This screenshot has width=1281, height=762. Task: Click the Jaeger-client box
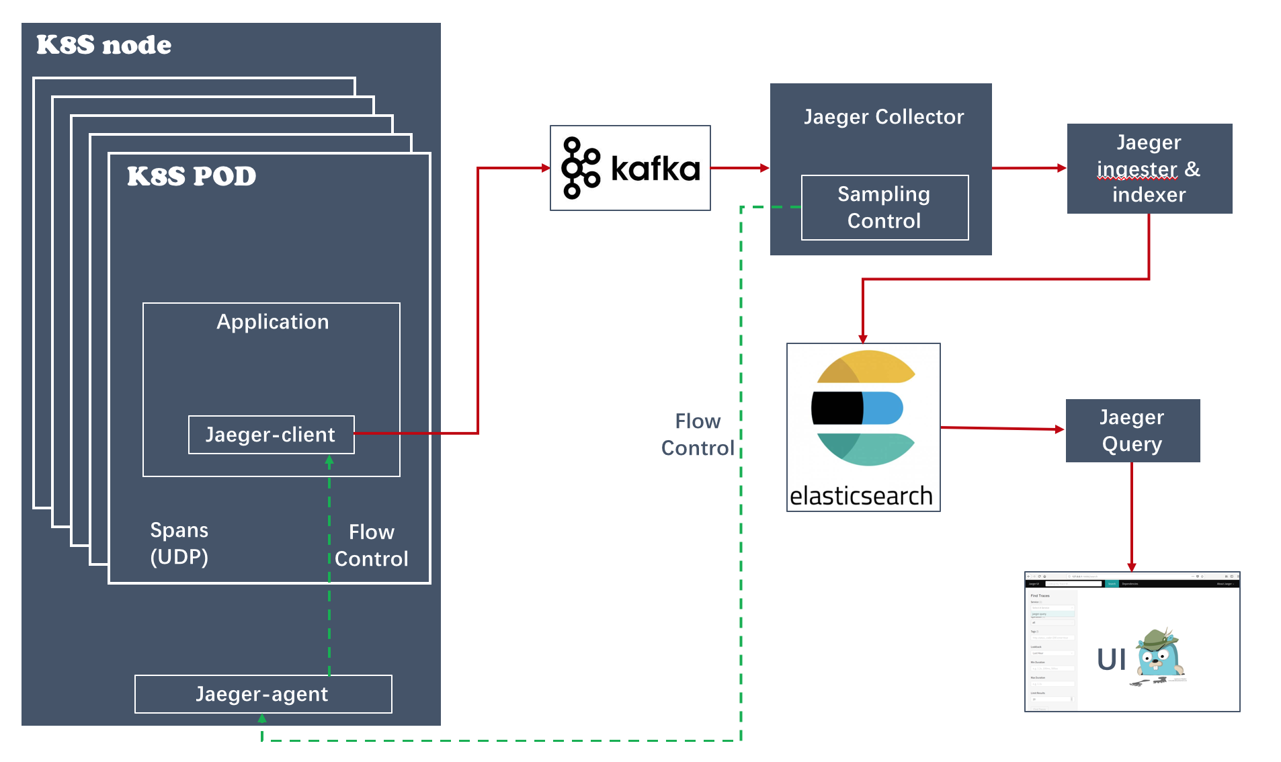tap(271, 435)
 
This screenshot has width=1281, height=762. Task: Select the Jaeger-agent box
tap(263, 694)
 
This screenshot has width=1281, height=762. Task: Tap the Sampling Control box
tap(884, 208)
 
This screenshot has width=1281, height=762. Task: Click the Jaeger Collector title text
tap(883, 117)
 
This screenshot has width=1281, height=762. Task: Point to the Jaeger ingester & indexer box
tap(1149, 169)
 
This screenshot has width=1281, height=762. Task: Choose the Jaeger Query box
tap(1132, 431)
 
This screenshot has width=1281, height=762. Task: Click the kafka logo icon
tap(581, 168)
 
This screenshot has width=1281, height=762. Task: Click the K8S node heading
tap(104, 45)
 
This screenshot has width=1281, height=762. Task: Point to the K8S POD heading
tap(192, 176)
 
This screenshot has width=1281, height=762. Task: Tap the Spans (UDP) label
tap(179, 543)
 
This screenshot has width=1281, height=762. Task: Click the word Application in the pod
tap(272, 322)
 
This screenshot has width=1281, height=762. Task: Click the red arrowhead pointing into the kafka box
tap(546, 168)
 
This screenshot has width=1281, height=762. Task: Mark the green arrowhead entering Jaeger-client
tap(329, 461)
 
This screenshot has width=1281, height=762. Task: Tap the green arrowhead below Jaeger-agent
tap(262, 718)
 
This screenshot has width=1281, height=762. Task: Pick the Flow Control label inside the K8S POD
tap(371, 545)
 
